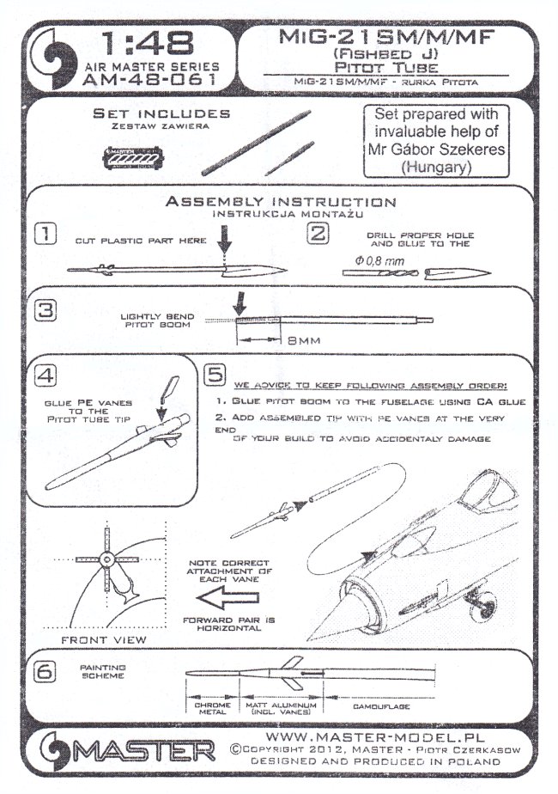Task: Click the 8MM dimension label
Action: pos(303,340)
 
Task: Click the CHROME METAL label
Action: pos(203,708)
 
